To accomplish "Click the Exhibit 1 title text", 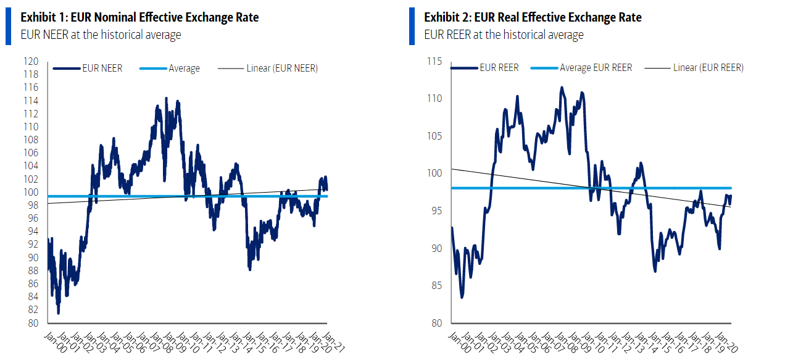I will coord(139,17).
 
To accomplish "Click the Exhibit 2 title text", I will coord(533,17).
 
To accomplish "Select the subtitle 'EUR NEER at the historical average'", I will coord(101,35).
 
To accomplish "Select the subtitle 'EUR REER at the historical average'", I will coord(504,35).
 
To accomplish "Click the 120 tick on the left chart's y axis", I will coord(31,62).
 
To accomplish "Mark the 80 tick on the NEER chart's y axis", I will coord(33,323).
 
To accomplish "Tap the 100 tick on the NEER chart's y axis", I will coord(31,192).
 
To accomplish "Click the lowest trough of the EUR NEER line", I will coord(59,312).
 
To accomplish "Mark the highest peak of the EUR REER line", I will coord(562,88).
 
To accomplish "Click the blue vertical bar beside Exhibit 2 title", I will coord(412,27).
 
